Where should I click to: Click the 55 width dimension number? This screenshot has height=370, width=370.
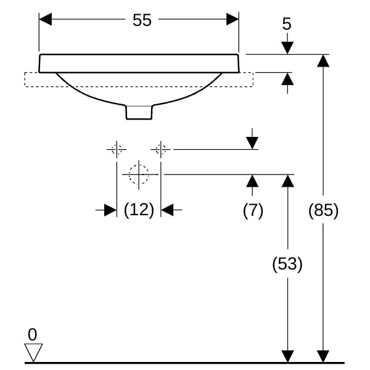(142, 20)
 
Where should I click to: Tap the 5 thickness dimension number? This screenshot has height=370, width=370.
(287, 24)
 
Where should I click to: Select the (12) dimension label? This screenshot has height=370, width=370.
(139, 210)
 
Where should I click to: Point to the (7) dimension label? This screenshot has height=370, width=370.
(253, 210)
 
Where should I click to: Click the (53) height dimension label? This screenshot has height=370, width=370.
(287, 265)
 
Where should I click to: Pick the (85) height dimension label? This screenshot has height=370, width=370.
(323, 210)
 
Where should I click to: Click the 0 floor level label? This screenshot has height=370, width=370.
(32, 335)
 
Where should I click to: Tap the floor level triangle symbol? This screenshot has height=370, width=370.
(33, 353)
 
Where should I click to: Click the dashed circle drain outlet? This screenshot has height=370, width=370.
(139, 175)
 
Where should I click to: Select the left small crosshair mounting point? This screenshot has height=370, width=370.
(116, 149)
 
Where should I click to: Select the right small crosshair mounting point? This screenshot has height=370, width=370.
(161, 149)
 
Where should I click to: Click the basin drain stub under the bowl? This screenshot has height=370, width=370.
(139, 112)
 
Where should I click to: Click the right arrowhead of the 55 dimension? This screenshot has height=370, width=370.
(232, 19)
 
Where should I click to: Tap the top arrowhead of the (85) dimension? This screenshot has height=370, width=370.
(323, 60)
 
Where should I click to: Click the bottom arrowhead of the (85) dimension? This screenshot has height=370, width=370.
(323, 356)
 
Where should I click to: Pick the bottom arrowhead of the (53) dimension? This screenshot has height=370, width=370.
(287, 356)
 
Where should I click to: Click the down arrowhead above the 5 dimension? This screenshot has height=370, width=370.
(287, 48)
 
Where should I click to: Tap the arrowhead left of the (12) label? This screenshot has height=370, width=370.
(110, 210)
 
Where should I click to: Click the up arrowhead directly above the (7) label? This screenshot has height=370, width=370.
(252, 181)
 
